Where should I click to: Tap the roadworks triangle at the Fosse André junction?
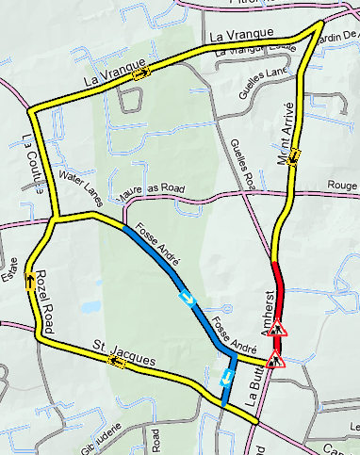(x=275, y=359)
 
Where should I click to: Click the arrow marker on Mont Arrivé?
(x=293, y=154)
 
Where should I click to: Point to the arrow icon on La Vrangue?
(x=141, y=73)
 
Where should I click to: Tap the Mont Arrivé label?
(x=286, y=132)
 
